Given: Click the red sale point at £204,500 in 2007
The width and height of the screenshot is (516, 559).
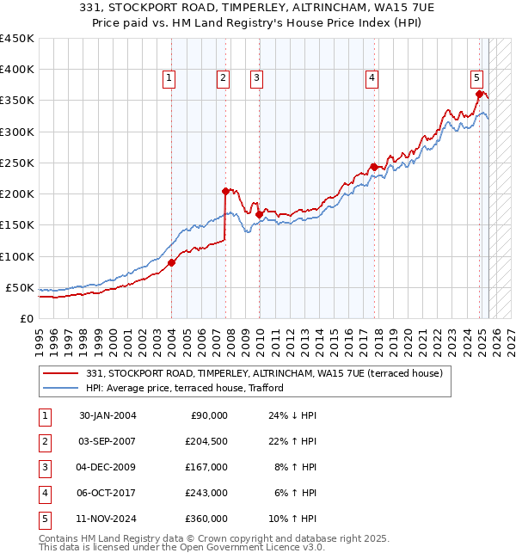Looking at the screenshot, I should tap(225, 191).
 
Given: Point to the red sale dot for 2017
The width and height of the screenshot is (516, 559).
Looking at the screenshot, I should tap(373, 167).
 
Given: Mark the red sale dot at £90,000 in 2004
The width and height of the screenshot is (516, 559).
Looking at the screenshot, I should tap(171, 262).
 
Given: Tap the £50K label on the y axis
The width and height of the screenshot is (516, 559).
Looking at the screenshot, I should tap(20, 287).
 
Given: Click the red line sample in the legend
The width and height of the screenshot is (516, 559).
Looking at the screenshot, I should tap(61, 373).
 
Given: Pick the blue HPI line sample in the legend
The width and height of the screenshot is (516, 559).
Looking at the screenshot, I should tap(61, 388).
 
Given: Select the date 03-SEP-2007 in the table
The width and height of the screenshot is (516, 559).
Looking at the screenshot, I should tap(107, 441).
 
